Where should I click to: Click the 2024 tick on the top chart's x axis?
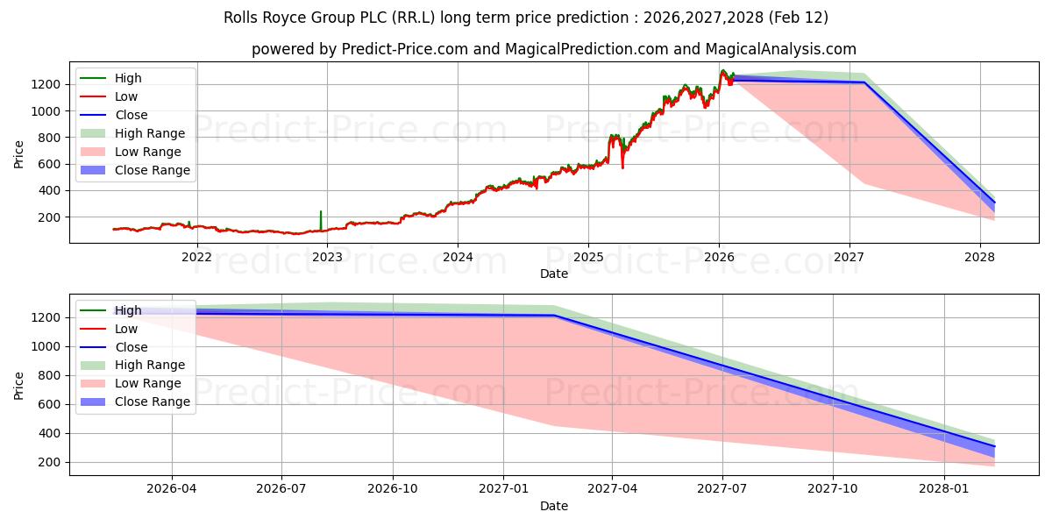[458, 257]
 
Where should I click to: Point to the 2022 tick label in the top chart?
[196, 257]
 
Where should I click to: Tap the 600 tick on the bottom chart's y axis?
[49, 404]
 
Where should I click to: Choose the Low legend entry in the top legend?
[126, 96]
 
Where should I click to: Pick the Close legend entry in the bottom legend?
[131, 347]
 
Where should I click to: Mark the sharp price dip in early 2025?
[622, 165]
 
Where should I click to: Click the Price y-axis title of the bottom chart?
[19, 384]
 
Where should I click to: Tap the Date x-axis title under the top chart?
[553, 274]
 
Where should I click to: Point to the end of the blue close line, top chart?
[993, 202]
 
